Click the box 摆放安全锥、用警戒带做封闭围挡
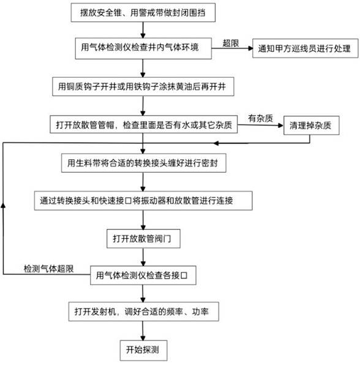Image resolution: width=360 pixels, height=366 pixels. (x=143, y=13)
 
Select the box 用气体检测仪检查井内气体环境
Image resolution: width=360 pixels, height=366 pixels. (x=143, y=48)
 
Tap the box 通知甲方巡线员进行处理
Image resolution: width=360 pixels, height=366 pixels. (x=306, y=48)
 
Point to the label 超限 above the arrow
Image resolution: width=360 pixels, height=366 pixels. (x=231, y=43)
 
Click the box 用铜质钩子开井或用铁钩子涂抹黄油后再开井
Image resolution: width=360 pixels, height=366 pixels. (x=143, y=86)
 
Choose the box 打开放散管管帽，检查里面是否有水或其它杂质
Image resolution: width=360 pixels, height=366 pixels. (x=144, y=124)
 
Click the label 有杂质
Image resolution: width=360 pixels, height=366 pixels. (x=260, y=118)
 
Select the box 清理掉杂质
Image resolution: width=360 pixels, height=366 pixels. (x=312, y=125)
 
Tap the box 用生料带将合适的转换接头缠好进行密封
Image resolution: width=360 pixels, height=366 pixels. (x=144, y=163)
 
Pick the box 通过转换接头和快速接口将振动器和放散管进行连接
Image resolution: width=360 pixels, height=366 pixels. (x=143, y=201)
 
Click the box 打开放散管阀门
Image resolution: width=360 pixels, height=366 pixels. (x=143, y=239)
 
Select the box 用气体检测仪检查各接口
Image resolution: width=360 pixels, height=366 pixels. (x=143, y=275)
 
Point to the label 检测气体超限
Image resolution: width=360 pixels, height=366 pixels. (x=49, y=269)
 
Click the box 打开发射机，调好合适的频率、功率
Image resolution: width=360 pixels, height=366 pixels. (x=144, y=312)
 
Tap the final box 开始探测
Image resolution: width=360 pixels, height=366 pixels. (x=144, y=350)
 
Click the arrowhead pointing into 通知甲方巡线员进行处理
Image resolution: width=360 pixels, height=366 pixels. (x=250, y=48)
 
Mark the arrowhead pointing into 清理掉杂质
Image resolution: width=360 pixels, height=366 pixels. (x=281, y=125)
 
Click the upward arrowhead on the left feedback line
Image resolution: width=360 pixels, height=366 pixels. (x=3, y=206)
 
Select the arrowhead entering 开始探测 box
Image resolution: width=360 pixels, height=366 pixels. (x=143, y=338)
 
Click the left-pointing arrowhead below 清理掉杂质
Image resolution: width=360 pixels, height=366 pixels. (x=216, y=143)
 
